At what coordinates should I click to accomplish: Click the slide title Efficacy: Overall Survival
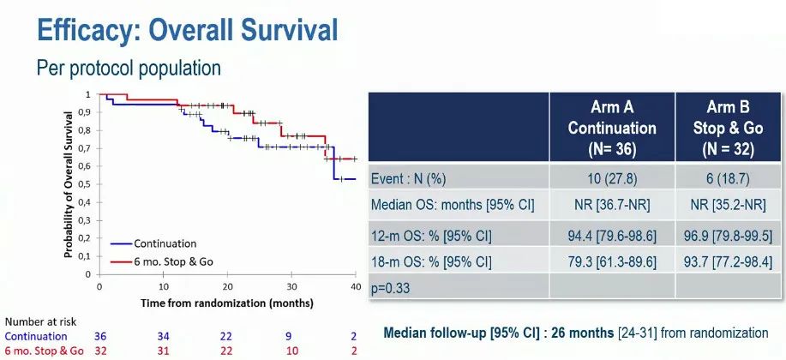[x=187, y=30]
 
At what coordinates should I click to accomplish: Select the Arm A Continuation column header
[x=612, y=127]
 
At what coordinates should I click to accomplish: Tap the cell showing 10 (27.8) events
[x=612, y=178]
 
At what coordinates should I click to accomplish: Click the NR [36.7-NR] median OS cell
[x=612, y=207]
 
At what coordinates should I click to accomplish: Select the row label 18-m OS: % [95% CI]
[x=432, y=261]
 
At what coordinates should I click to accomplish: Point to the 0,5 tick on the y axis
[x=87, y=184]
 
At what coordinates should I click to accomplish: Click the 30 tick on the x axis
[x=291, y=286]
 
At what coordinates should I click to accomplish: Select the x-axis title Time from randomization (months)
[x=227, y=303]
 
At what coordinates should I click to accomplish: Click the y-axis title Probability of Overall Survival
[x=68, y=184]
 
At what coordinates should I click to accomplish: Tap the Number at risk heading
[x=40, y=321]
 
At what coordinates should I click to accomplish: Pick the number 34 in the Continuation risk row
[x=163, y=336]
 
